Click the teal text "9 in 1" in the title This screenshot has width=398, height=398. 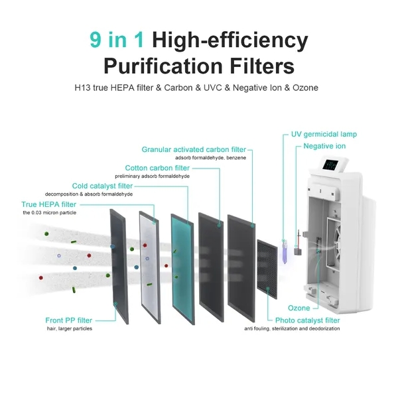click(x=117, y=40)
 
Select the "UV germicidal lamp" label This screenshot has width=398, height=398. click(x=324, y=134)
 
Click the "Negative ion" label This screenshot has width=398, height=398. click(x=324, y=146)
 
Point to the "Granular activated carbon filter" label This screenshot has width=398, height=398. click(x=194, y=149)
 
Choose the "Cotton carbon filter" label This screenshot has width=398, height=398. click(x=157, y=168)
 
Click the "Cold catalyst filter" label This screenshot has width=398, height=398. click(x=102, y=186)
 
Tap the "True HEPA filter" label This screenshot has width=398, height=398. click(x=48, y=204)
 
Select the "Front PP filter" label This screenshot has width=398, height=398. click(x=68, y=320)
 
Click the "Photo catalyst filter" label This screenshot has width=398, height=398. click(x=307, y=320)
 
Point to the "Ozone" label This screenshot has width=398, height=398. click(x=298, y=308)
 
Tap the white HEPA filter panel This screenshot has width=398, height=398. click(x=150, y=267)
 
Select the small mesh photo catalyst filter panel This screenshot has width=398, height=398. click(x=267, y=269)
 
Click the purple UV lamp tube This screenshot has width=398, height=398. click(x=285, y=251)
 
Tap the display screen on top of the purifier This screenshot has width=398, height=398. click(x=331, y=166)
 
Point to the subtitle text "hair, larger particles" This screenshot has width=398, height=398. click(x=69, y=328)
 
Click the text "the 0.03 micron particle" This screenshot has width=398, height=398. click(x=50, y=213)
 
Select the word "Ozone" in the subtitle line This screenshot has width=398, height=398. click(x=305, y=88)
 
